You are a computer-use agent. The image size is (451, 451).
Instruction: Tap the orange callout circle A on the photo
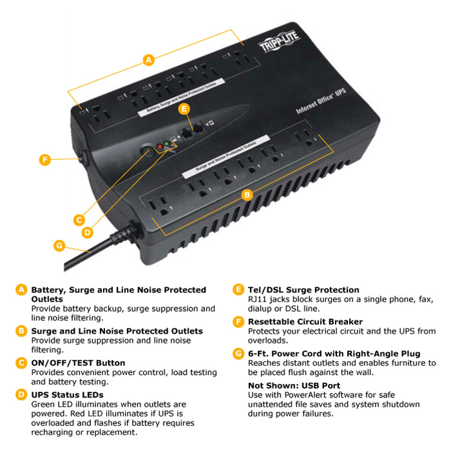(x=149, y=60)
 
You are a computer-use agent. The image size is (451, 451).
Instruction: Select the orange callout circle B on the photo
(x=246, y=193)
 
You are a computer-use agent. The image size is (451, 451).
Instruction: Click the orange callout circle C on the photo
(x=79, y=219)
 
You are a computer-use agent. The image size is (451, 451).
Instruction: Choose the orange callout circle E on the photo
(x=184, y=110)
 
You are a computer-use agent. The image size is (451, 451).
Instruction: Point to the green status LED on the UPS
(x=167, y=144)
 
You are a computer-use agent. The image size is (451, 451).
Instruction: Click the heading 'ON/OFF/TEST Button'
(x=78, y=363)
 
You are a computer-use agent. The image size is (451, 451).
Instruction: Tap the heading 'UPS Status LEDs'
(x=67, y=394)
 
